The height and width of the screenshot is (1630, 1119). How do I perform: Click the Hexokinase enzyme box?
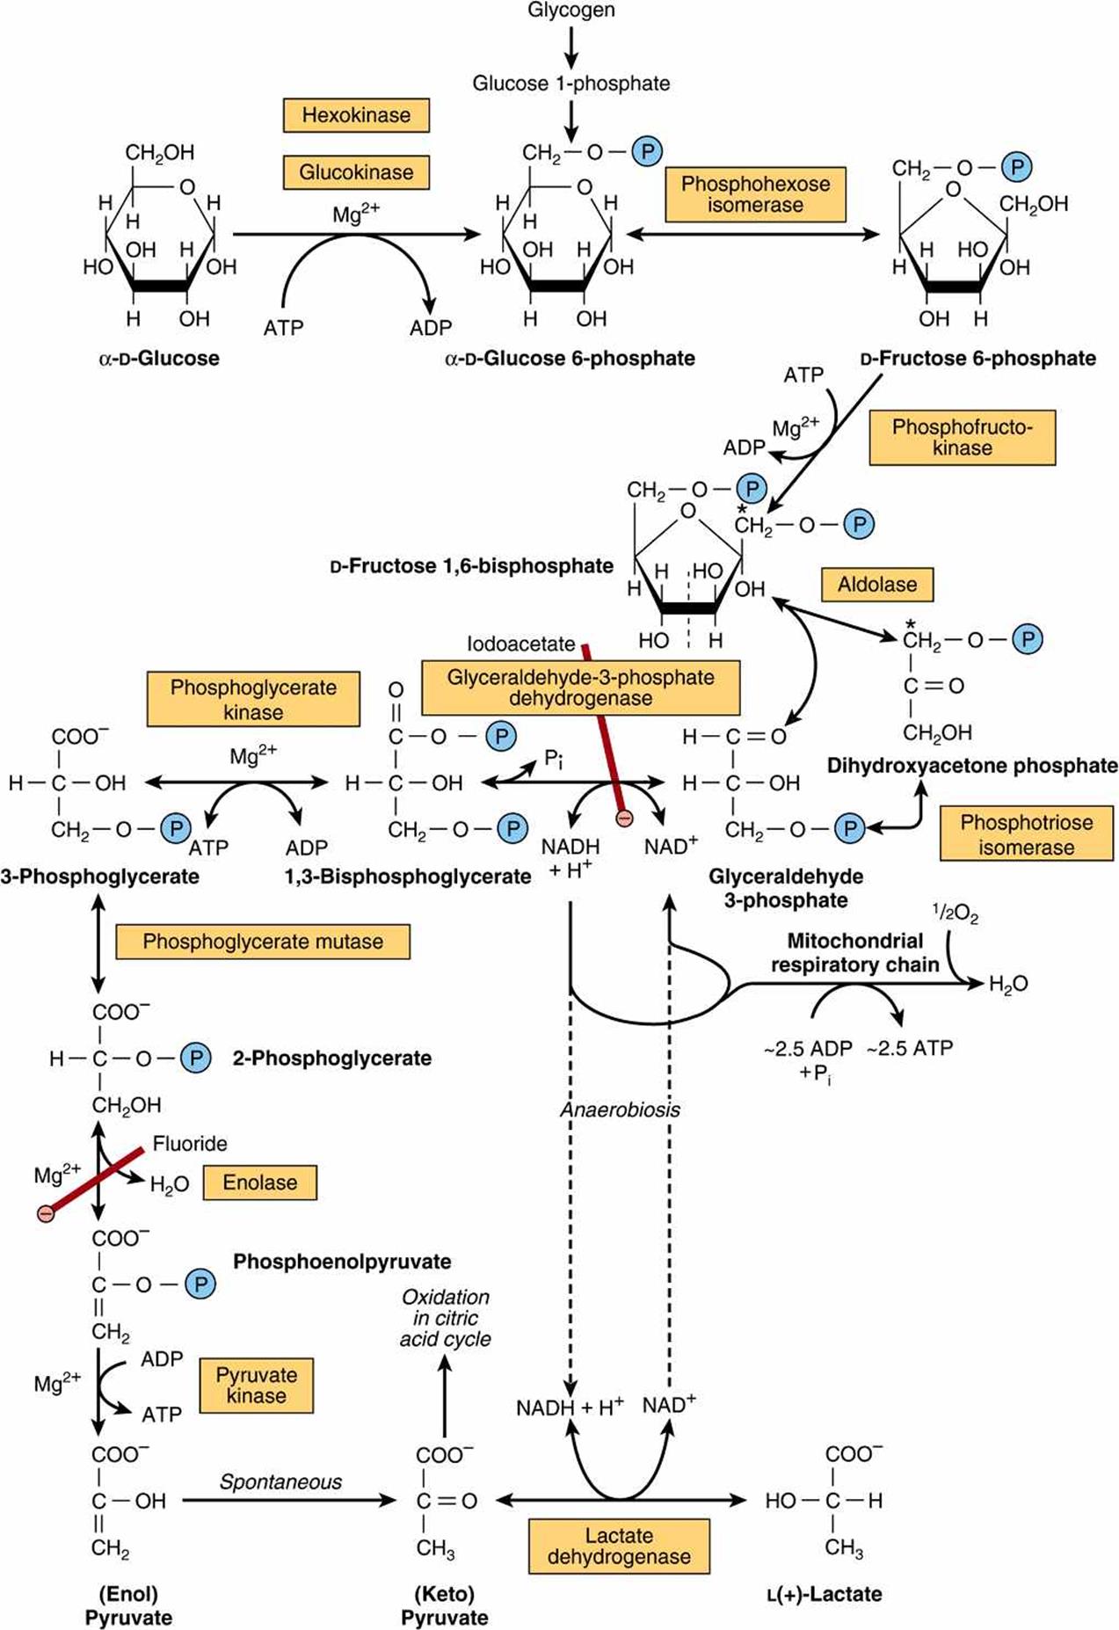pos(356,115)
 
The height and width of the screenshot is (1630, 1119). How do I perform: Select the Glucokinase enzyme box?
pos(356,172)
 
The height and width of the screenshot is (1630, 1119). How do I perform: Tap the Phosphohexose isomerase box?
pos(755,194)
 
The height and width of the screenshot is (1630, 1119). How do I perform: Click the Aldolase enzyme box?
pos(877,585)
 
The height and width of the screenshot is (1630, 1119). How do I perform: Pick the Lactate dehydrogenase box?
pos(619,1546)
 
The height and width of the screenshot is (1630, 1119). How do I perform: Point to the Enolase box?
pos(260,1182)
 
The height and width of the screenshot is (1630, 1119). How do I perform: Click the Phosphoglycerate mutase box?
pos(263,942)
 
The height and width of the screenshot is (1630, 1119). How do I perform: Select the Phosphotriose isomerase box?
pos(1027,833)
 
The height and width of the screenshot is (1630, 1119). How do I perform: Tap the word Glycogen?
pos(571,11)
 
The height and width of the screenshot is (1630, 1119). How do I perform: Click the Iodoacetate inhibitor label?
pos(521,644)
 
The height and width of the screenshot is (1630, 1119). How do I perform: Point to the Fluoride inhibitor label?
pos(190,1144)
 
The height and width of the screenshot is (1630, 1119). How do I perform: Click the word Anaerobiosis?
pos(621,1110)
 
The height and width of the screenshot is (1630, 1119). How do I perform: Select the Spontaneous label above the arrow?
pos(280,1482)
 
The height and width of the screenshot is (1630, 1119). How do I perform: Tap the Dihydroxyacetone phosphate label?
pos(972,766)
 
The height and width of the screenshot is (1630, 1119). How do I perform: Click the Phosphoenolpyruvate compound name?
pos(342,1262)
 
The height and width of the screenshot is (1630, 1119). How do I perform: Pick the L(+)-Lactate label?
pos(824,1594)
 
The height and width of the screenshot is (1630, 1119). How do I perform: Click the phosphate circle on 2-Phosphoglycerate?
pos(196,1059)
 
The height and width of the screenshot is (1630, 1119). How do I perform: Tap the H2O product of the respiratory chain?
pos(1008,985)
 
